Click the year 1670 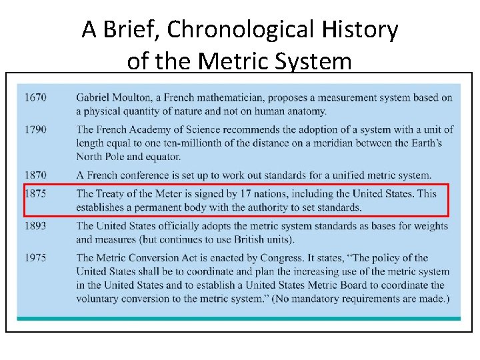[x=36, y=97]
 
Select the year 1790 [x=36, y=129]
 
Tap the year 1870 [x=36, y=175]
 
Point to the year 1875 [x=36, y=194]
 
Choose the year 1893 [x=36, y=226]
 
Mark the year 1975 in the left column [x=36, y=258]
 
